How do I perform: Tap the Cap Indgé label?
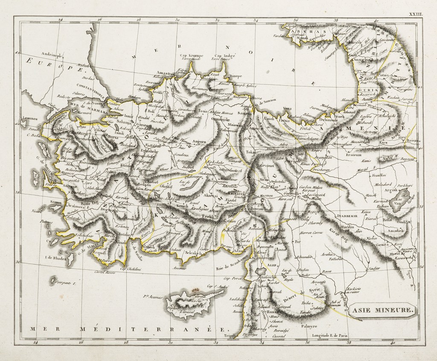(x=225, y=56)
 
